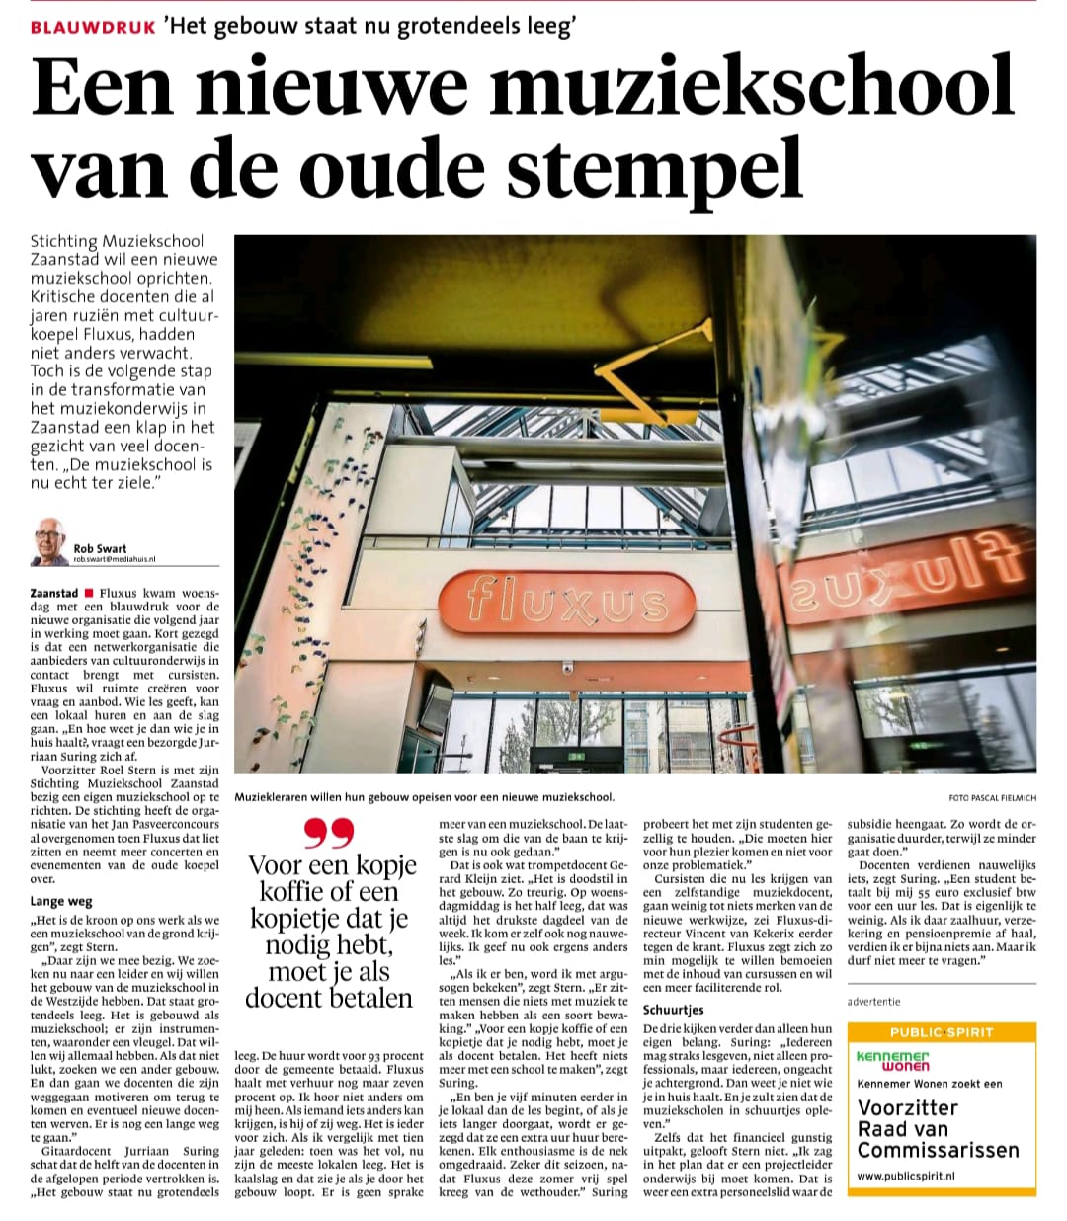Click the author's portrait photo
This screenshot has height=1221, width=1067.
49,542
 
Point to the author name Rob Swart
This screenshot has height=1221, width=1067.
100,548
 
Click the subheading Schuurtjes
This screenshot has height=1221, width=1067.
674,1010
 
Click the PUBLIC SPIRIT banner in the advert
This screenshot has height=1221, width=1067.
941,1032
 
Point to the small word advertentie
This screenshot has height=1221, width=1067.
874,1002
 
